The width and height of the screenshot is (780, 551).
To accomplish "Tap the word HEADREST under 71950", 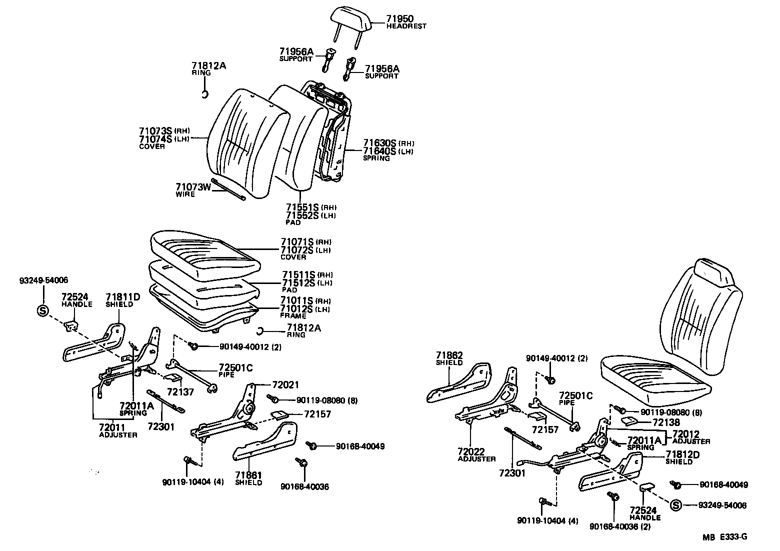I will [406, 26].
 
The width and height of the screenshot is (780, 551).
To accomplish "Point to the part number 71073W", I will [193, 187].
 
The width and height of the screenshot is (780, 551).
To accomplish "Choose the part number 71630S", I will [379, 142].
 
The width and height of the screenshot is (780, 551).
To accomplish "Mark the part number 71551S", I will [302, 207].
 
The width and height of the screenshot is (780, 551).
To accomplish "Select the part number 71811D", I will [123, 297].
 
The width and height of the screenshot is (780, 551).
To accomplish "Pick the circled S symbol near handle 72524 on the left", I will [42, 311].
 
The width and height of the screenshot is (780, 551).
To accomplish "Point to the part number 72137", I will [180, 393].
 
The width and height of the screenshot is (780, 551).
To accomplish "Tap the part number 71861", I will [249, 475].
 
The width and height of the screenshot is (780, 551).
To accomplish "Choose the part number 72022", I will [471, 451].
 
